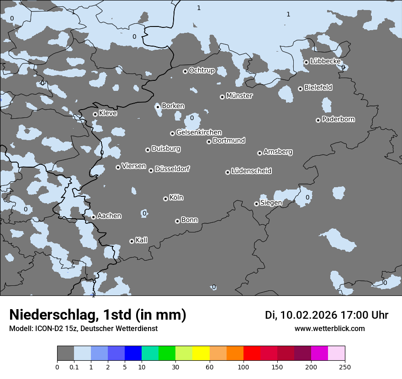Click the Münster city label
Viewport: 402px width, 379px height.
click(x=239, y=96)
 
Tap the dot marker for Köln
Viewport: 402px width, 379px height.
click(x=165, y=199)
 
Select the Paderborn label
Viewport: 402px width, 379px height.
click(x=338, y=120)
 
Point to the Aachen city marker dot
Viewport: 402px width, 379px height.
click(x=93, y=217)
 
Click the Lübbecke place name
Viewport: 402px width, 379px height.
click(x=325, y=61)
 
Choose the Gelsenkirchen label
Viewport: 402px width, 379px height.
click(x=199, y=132)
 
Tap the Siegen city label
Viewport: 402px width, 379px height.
click(x=271, y=203)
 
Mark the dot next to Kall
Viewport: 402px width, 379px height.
click(x=132, y=241)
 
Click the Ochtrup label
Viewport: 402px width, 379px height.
click(x=201, y=70)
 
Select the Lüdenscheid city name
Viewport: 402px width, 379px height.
click(x=251, y=171)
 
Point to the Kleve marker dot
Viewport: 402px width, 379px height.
click(x=95, y=114)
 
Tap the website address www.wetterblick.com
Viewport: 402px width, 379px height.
click(x=329, y=329)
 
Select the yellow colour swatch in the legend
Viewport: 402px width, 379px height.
click(x=201, y=353)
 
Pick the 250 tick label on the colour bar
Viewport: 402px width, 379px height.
click(x=345, y=367)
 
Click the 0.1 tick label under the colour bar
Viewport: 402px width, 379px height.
click(x=74, y=367)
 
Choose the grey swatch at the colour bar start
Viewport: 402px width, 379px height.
click(x=65, y=353)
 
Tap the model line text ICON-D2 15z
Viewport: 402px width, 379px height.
click(x=56, y=329)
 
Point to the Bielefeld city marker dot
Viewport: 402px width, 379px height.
click(x=300, y=89)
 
